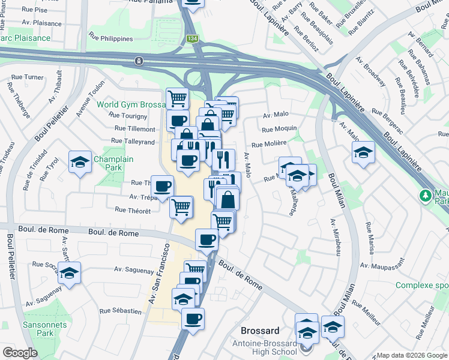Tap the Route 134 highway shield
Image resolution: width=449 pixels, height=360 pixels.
tap(192, 38)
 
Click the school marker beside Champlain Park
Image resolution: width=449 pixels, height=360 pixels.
tap(80, 162)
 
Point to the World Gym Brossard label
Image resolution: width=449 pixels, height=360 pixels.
tap(130, 104)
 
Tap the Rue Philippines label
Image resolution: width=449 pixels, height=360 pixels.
tap(110, 38)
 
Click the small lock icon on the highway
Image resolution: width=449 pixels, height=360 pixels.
tap(139, 61)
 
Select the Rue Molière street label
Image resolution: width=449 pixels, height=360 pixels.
tap(268, 144)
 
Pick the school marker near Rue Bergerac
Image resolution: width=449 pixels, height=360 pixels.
tap(364, 152)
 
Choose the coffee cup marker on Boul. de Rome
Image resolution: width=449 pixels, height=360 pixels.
tap(207, 239)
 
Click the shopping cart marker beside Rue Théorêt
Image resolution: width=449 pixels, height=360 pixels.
tap(181, 206)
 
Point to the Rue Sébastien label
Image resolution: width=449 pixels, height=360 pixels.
tap(121, 311)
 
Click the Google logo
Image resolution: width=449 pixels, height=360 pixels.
tap(20, 353)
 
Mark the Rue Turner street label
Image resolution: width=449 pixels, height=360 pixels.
tap(26, 77)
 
